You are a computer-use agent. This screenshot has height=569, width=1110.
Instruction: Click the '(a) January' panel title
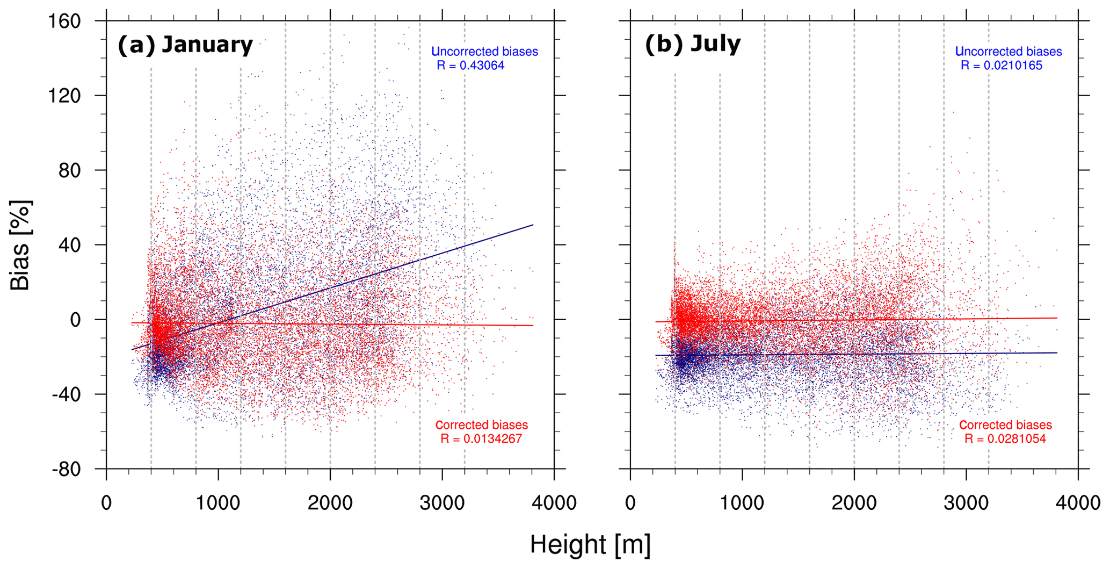(185, 45)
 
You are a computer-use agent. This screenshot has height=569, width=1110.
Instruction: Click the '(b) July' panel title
(693, 44)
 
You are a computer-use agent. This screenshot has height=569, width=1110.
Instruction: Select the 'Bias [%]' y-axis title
(20, 245)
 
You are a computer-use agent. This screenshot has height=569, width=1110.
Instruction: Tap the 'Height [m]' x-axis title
(590, 544)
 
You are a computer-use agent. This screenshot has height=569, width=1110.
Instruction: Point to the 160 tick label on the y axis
(64, 21)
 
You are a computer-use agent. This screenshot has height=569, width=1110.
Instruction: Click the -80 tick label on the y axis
(66, 469)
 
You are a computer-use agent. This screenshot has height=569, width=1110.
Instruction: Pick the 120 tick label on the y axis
(64, 96)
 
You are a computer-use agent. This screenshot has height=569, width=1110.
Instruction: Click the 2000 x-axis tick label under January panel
(330, 503)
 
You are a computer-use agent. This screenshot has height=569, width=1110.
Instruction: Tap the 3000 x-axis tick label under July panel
(966, 503)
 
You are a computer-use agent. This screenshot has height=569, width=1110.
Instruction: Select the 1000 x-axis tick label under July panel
(742, 503)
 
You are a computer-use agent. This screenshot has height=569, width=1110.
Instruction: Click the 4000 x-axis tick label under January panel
(554, 503)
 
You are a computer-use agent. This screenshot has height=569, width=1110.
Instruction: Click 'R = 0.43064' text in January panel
(470, 66)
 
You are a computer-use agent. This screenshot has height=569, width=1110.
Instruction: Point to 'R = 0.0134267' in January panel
(481, 439)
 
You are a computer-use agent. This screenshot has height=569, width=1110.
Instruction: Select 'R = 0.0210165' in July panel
(1002, 66)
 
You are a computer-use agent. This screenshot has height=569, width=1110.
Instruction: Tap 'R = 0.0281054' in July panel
(1005, 439)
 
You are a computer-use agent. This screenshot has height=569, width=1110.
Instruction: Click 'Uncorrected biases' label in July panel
(1009, 52)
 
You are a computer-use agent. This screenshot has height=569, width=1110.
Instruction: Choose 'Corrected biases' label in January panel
(482, 425)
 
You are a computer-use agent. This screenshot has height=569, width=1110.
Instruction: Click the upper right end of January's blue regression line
(533, 225)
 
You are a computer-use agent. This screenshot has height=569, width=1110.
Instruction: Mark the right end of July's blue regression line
(1056, 352)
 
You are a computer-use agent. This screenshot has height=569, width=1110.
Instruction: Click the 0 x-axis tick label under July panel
(630, 503)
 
